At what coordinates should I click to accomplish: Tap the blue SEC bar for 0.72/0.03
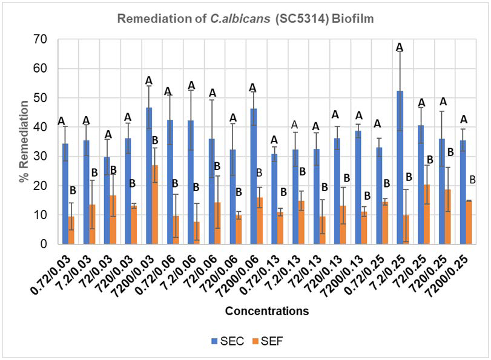[x=65, y=194]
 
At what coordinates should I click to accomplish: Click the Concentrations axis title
[x=266, y=312]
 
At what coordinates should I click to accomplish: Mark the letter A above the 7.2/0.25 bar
[x=399, y=47]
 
